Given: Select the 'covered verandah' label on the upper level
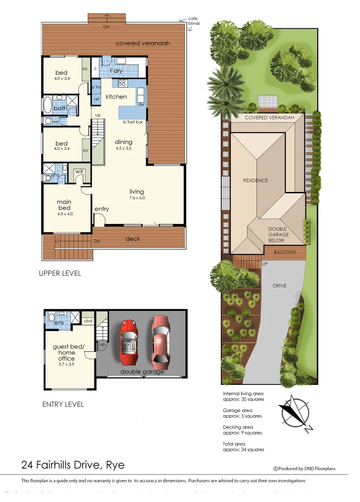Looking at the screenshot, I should pos(143,43).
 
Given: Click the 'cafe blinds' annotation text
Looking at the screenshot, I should pos(194,21).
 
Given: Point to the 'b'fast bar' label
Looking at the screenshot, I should pos(132,122).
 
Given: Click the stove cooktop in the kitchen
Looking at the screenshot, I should pos(123,83).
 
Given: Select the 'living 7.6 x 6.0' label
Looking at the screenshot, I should pos(137,194).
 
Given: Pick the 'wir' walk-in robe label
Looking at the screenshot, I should pos(79,172).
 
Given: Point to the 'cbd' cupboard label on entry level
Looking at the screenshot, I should pos(88,321).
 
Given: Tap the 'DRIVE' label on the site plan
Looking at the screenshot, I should pos(280,286).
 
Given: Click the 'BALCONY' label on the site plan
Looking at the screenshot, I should pos(285,252).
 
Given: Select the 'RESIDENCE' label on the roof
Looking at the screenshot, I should pos(255,180).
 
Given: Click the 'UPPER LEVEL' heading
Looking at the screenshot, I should pos(60,273).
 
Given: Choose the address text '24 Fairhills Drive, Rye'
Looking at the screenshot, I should pos(73,465).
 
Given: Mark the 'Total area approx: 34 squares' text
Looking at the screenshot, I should pos(243,447).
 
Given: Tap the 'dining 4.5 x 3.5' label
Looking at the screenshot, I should pos(124,145).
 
